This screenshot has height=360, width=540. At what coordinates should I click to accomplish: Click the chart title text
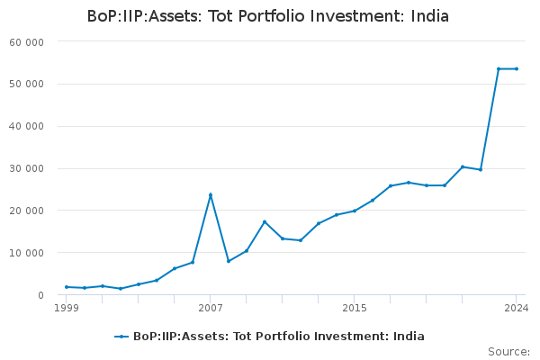point(268,16)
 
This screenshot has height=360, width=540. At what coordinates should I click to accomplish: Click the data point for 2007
point(211,195)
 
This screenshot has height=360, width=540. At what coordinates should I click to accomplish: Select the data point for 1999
point(67,287)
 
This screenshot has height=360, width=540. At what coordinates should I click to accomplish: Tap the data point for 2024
point(517,69)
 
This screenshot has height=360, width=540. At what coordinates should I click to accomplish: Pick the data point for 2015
point(355,211)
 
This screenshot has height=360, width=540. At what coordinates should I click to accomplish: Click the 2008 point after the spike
point(229,261)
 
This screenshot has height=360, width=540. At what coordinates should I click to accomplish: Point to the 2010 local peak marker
point(265,222)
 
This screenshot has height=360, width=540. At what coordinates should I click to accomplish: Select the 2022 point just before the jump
point(481,169)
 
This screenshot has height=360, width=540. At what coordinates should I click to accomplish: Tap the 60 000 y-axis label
point(26,42)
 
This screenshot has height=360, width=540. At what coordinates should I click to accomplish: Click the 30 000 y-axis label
point(26,168)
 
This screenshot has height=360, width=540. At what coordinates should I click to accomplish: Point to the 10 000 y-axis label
point(26,253)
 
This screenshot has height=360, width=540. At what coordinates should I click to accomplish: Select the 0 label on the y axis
point(41,295)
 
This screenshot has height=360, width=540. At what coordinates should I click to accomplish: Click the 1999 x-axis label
point(67,308)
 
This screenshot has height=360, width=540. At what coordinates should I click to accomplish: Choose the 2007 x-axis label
point(211,308)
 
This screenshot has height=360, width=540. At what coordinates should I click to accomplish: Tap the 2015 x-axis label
point(355,308)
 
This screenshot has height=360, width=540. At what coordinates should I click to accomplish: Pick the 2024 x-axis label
point(517,308)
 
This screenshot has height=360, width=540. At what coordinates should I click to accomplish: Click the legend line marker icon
point(121,337)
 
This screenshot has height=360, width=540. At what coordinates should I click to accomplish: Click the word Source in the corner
point(508,352)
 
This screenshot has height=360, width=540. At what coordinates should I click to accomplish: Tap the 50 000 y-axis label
point(26,84)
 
